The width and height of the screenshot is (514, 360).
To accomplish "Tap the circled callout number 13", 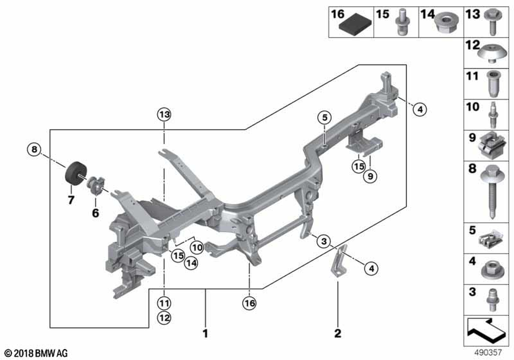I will coord(163,114).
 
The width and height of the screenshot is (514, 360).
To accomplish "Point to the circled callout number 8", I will coord(33,150).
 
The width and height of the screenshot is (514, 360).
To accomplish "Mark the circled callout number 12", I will coord(163,318).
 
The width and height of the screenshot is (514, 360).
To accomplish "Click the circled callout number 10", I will coord(197,247).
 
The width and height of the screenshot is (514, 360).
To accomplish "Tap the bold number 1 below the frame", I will coord(205,334).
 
